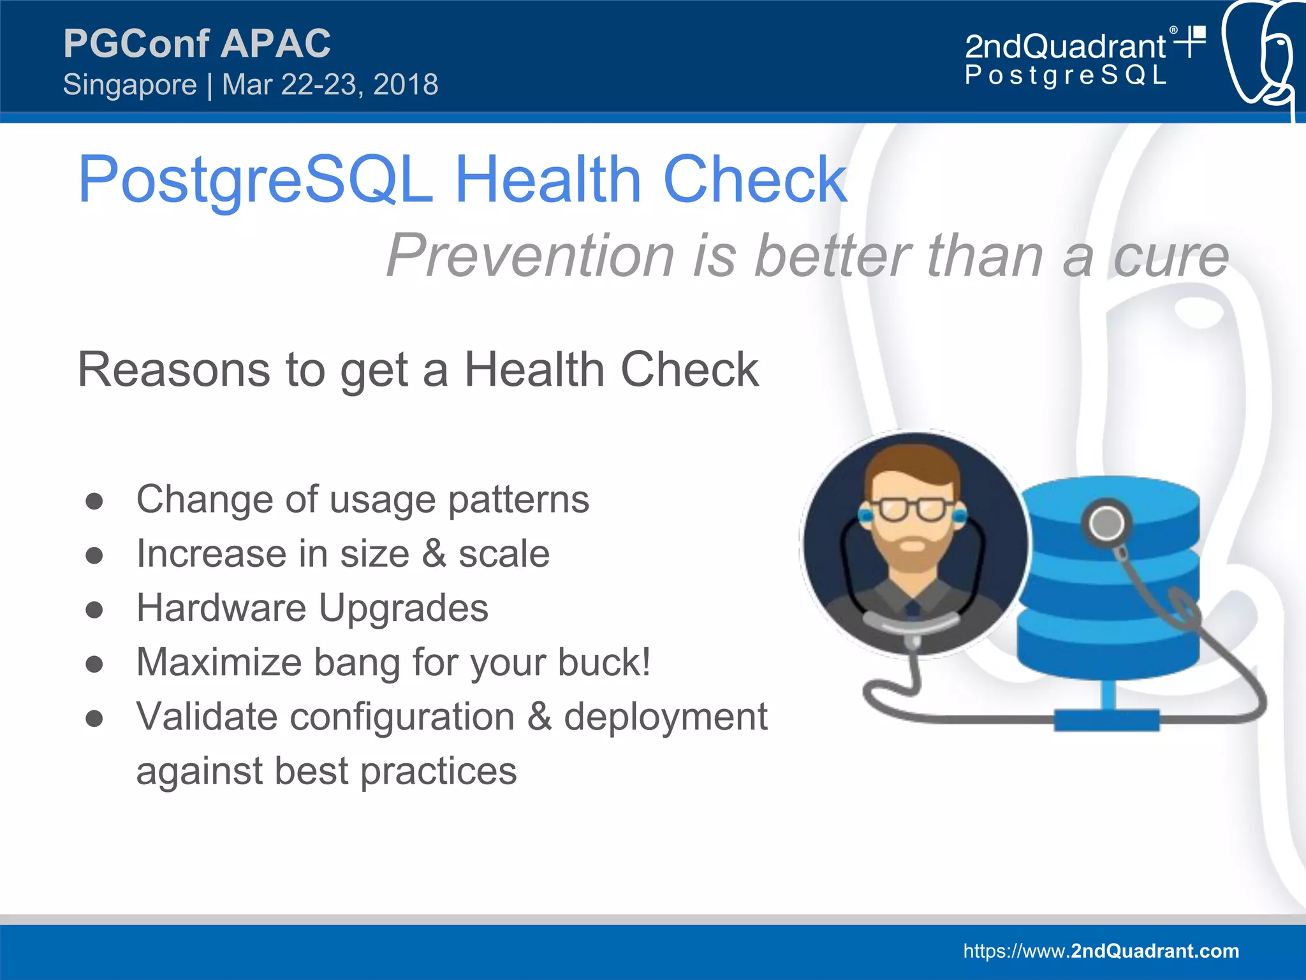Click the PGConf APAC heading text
(196, 43)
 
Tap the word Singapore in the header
(130, 85)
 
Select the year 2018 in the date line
(406, 85)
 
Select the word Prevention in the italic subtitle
(529, 256)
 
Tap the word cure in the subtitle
(1171, 256)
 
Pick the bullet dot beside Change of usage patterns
(94, 501)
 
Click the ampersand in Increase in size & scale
(434, 553)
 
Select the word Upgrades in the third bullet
(403, 608)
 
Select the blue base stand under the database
(1106, 719)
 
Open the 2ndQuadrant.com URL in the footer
(1101, 951)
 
